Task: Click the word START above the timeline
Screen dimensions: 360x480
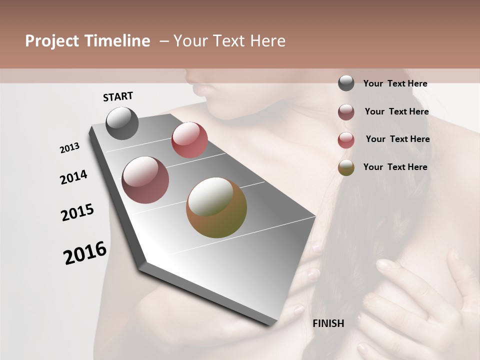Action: [x=118, y=96]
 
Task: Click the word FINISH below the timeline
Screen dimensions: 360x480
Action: [x=328, y=323]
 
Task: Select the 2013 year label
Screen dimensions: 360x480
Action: [x=69, y=148]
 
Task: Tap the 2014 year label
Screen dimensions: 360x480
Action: [x=73, y=177]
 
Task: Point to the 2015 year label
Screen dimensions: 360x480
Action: [x=77, y=212]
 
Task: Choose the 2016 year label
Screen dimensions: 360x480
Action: [x=85, y=253]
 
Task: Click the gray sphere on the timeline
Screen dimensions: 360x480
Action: [x=122, y=123]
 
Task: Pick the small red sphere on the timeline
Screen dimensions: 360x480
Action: [x=189, y=139]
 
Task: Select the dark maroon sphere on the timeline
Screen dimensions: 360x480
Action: [x=145, y=180]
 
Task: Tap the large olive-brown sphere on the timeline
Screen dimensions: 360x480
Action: [x=216, y=207]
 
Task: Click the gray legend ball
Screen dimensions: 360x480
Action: [x=346, y=83]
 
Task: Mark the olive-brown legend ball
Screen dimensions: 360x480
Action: [x=346, y=167]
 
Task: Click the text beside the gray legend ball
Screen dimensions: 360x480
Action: [x=395, y=83]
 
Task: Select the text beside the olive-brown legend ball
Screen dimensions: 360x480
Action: [x=395, y=167]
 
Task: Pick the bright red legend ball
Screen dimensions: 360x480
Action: [x=346, y=140]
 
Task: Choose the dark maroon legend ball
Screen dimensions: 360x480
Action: [x=346, y=112]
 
